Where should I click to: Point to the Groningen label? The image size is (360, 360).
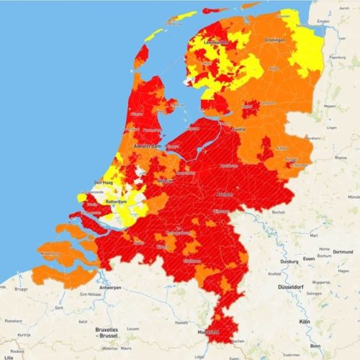(x=275, y=40)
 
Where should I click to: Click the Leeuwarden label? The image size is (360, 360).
(x=214, y=42)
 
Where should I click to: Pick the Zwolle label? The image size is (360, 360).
(x=238, y=129)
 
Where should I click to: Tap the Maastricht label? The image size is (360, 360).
(x=210, y=333)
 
